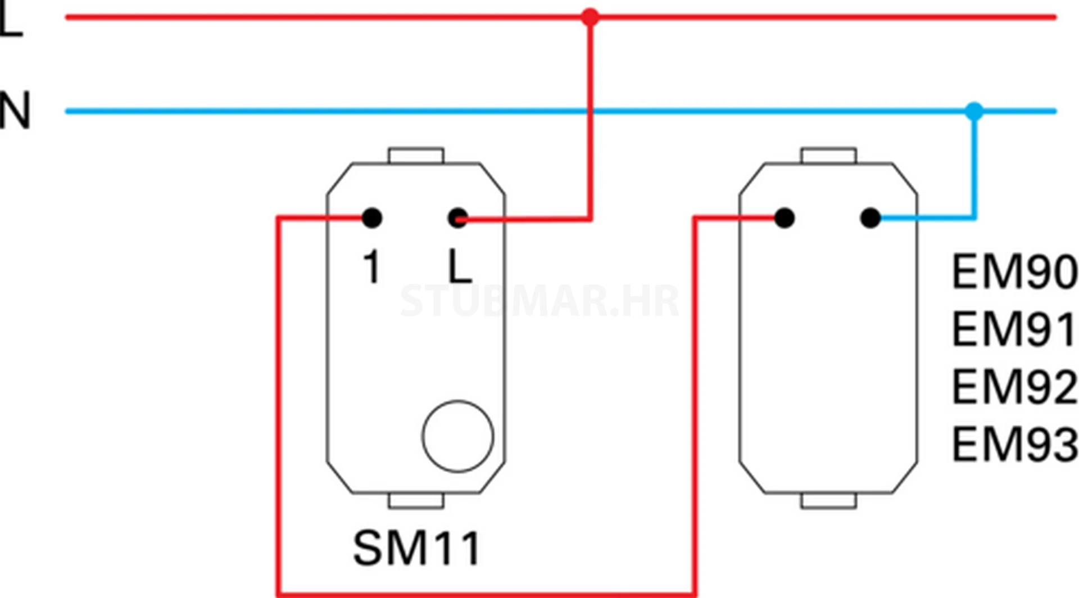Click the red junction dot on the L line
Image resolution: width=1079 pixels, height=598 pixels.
[x=590, y=17]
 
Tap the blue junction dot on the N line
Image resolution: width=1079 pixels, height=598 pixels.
[x=974, y=111]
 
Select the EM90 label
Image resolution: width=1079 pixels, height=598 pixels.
[x=1014, y=272]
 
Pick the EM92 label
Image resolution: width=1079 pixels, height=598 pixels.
[x=1014, y=387]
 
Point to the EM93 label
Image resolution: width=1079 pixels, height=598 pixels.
[x=1014, y=445]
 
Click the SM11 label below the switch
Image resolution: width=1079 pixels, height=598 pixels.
[x=416, y=548]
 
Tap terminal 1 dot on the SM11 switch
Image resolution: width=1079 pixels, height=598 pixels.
[x=372, y=218]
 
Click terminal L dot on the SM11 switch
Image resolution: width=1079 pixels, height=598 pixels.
[x=458, y=218]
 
